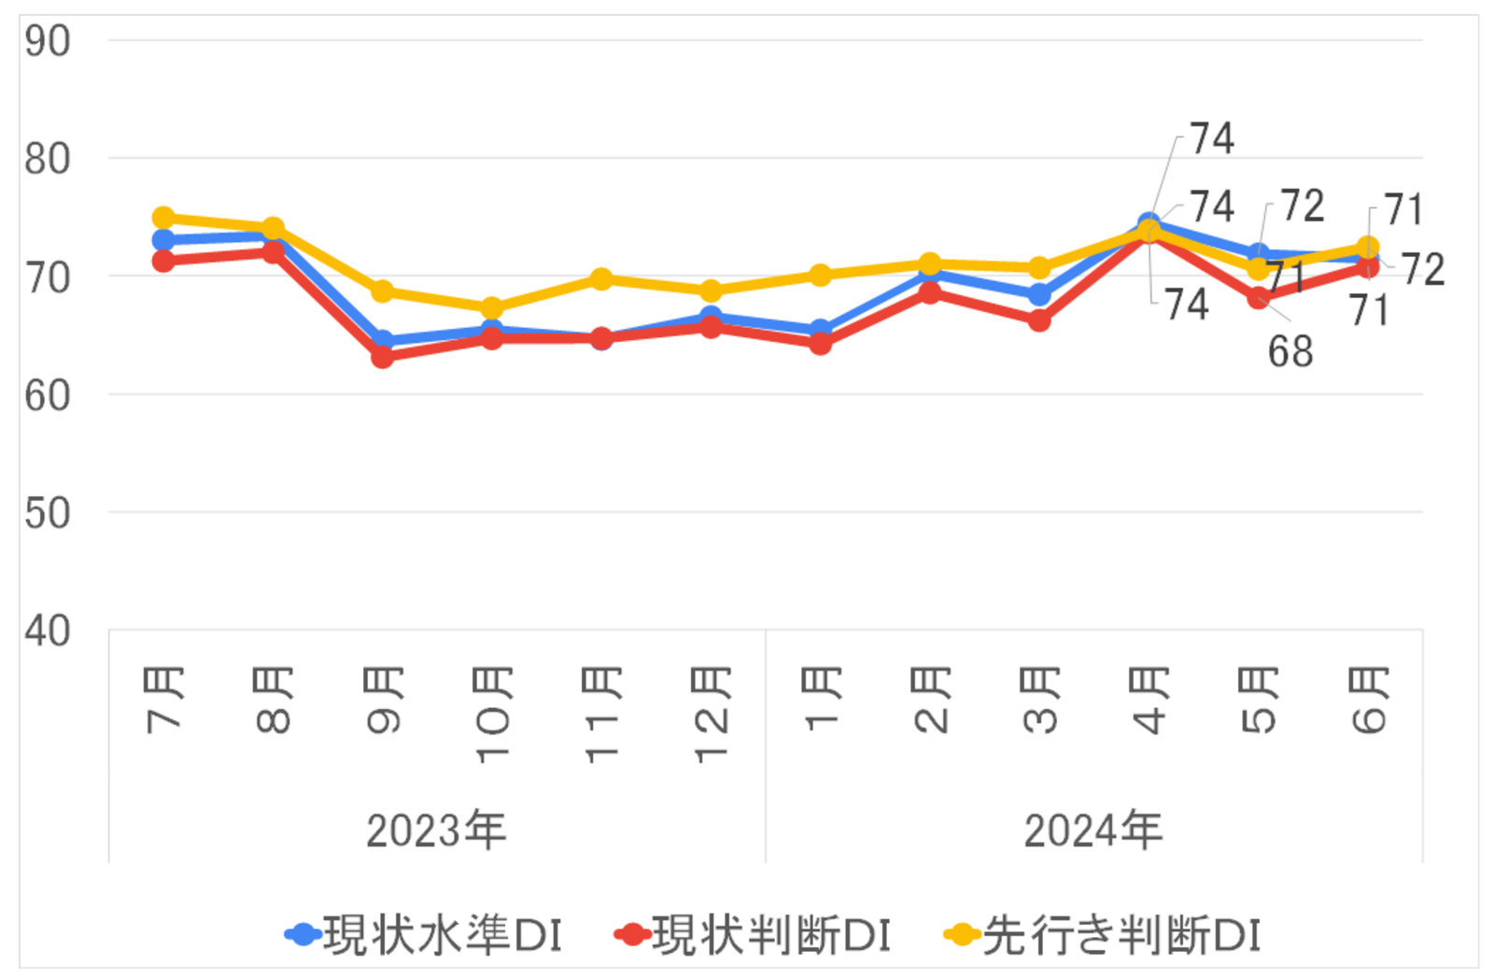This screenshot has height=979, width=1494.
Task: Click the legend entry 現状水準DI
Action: (425, 935)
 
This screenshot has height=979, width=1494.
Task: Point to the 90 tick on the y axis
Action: (48, 42)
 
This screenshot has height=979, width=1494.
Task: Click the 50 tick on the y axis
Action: (48, 514)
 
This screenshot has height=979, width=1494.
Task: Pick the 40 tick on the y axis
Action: (48, 631)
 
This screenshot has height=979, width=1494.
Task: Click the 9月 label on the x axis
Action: (383, 699)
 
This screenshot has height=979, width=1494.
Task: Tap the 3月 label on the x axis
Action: (1040, 699)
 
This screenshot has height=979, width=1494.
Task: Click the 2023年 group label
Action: (436, 830)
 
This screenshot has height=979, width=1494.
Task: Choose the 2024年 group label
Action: (1093, 830)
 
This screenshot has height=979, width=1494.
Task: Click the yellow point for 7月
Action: (163, 218)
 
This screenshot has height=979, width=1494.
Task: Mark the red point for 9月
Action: (383, 356)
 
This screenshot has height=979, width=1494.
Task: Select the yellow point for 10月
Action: (492, 307)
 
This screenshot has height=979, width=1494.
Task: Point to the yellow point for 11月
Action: (601, 278)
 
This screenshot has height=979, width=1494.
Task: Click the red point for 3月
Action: (1039, 320)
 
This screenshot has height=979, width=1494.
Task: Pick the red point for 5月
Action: (1259, 298)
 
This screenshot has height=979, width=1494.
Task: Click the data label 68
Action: (1290, 352)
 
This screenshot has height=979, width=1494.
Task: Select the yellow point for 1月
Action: (821, 275)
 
